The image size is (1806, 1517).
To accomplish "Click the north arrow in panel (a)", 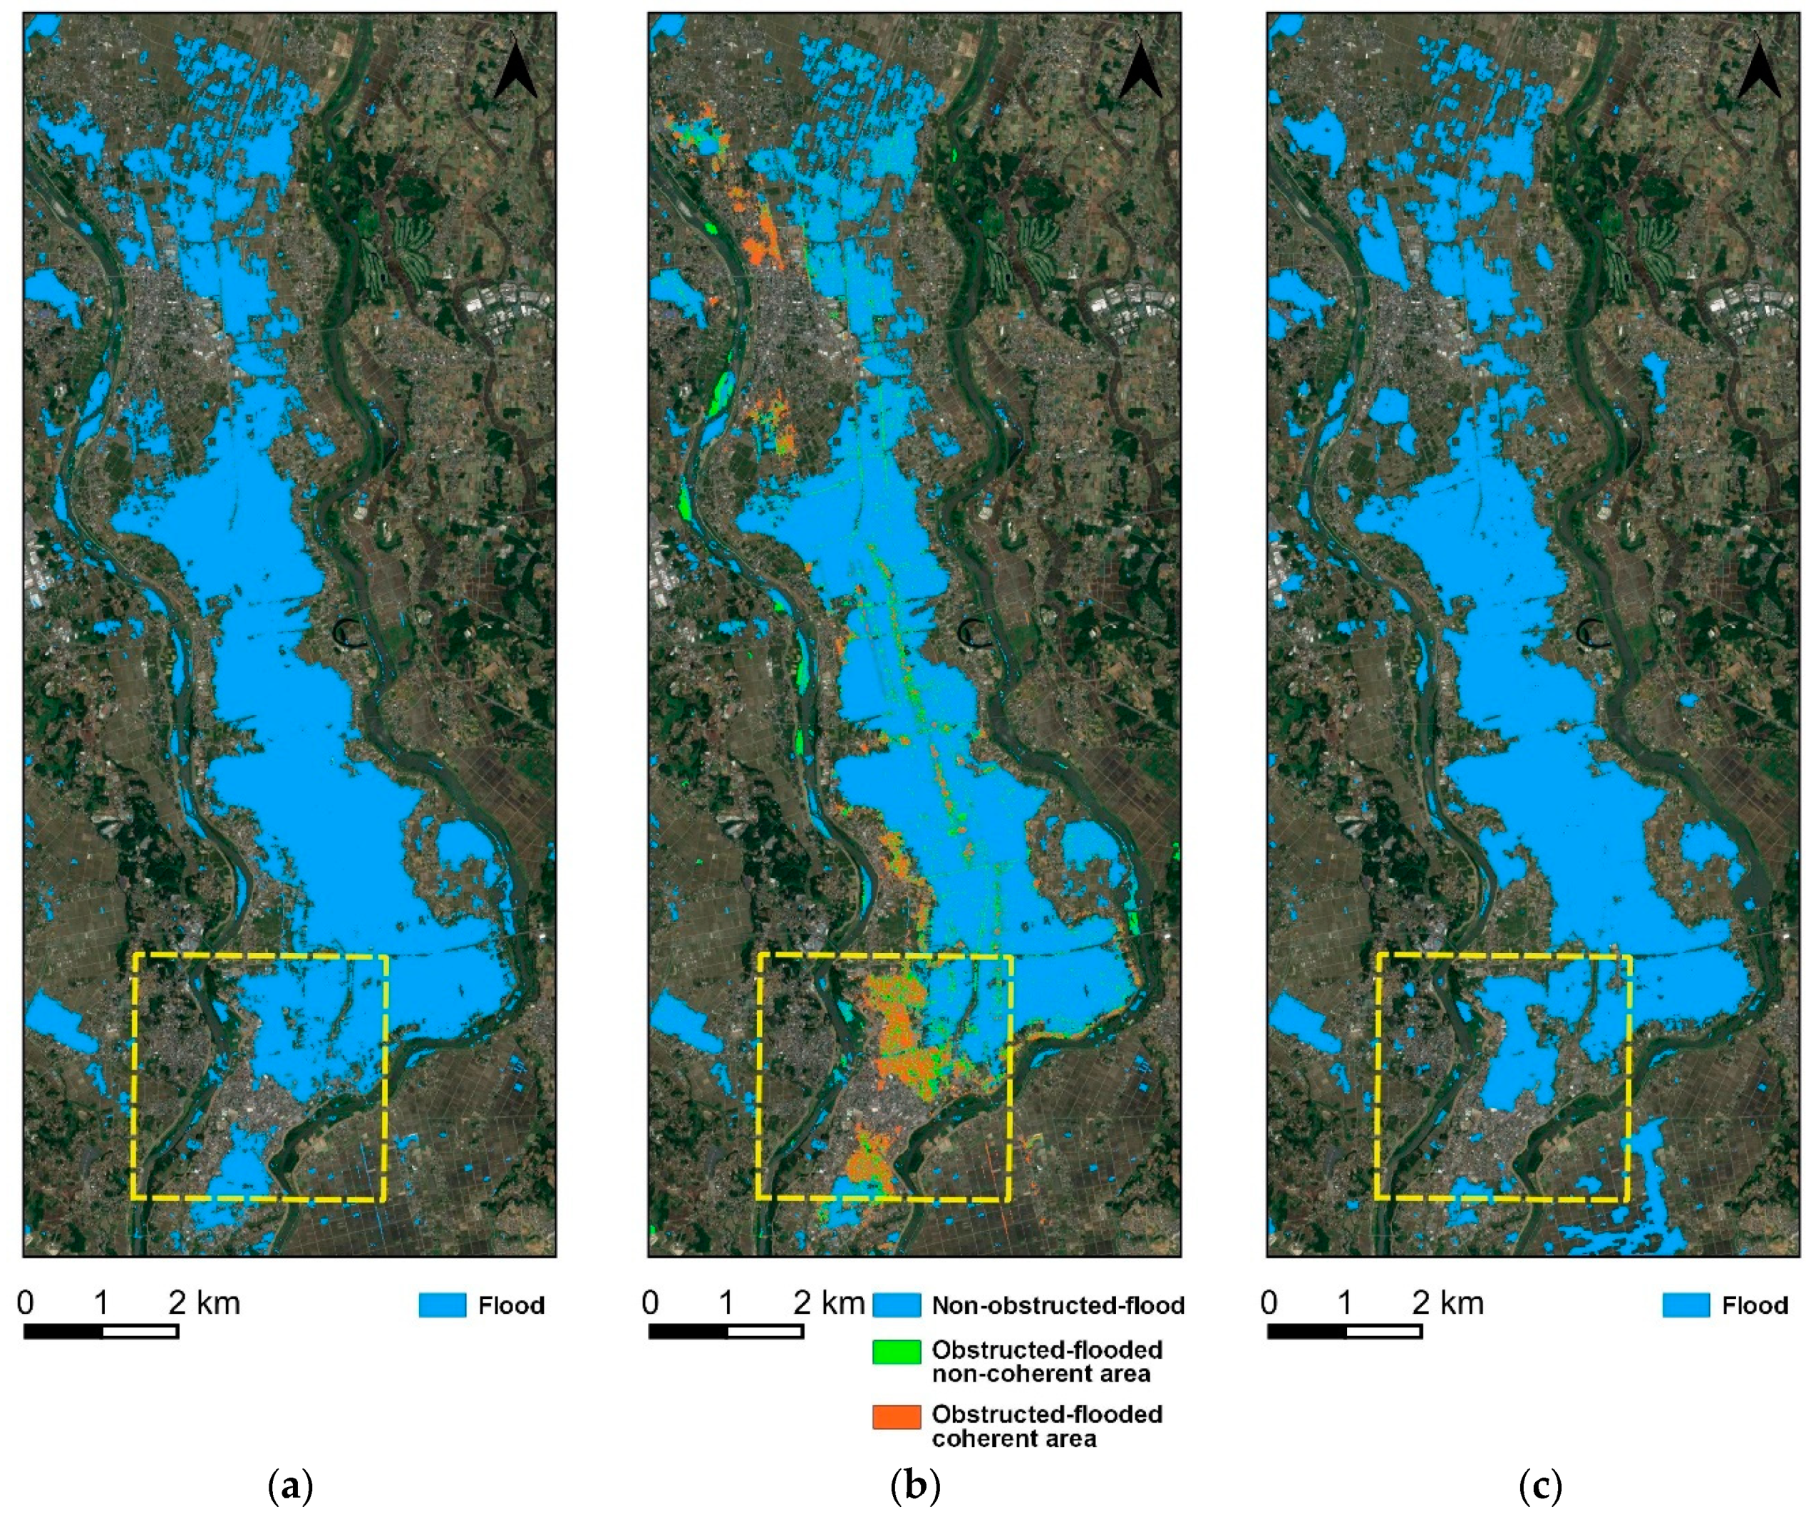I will tap(516, 67).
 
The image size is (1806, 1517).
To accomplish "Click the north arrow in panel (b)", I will tap(1140, 67).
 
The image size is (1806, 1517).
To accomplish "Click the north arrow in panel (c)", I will tap(1759, 67).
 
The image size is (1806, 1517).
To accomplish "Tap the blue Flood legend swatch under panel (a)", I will tap(442, 1305).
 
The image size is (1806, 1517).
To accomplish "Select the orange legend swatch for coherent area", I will tap(896, 1417).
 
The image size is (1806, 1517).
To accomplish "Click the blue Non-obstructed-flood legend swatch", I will tap(896, 1305).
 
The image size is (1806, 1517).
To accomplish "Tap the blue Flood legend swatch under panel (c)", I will tap(1686, 1305).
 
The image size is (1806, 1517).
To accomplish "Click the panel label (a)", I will tap(291, 1486).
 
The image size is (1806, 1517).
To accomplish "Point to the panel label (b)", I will tap(915, 1486).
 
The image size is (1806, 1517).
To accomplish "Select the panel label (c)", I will tap(1539, 1486).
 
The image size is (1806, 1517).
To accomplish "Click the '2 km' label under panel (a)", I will tap(205, 1303).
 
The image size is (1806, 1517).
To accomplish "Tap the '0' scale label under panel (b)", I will tap(650, 1303).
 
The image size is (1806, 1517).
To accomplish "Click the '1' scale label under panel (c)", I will tap(1344, 1303).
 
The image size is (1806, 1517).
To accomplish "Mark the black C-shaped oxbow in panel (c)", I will tap(1594, 634).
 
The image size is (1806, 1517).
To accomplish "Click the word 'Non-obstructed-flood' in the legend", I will tap(1058, 1305).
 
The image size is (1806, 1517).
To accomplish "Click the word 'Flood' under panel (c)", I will tap(1755, 1305).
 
